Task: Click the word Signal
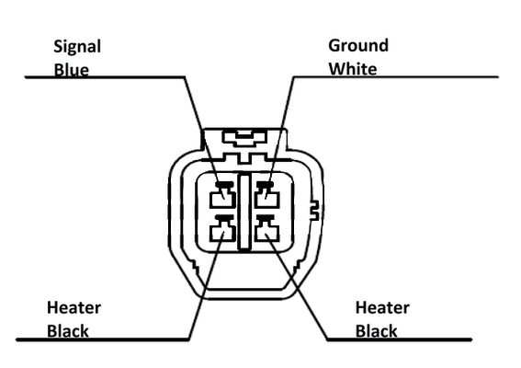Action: [77, 47]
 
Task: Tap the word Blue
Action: [72, 70]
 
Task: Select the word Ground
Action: [358, 46]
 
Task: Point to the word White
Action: [353, 69]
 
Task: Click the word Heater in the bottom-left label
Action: [74, 308]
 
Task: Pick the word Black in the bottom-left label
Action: [68, 331]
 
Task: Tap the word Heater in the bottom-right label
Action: [382, 308]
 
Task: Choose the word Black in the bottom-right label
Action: [377, 331]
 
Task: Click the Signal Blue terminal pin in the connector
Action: [222, 196]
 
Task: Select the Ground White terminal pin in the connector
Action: [266, 196]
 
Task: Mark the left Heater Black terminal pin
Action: [222, 229]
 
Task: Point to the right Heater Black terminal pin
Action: [266, 229]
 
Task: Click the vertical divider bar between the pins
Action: [244, 212]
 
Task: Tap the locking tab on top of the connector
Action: [244, 138]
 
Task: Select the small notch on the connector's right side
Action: [314, 211]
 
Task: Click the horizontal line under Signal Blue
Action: [105, 77]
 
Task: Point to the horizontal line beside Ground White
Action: [396, 77]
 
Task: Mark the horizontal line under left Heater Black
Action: [103, 339]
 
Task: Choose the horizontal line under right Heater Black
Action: [400, 339]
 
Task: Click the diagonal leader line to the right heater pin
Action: [297, 286]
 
